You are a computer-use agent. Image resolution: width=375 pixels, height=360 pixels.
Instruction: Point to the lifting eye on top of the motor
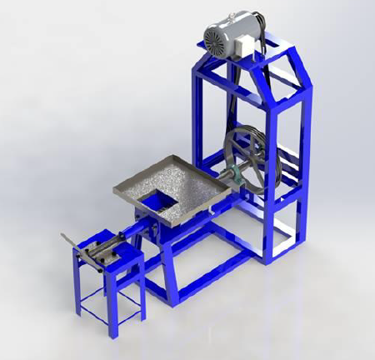coord(230,15)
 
